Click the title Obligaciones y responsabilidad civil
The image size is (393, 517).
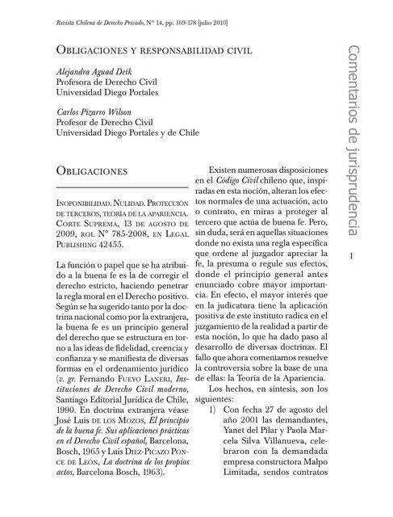point(153,48)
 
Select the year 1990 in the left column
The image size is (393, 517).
point(68,433)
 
